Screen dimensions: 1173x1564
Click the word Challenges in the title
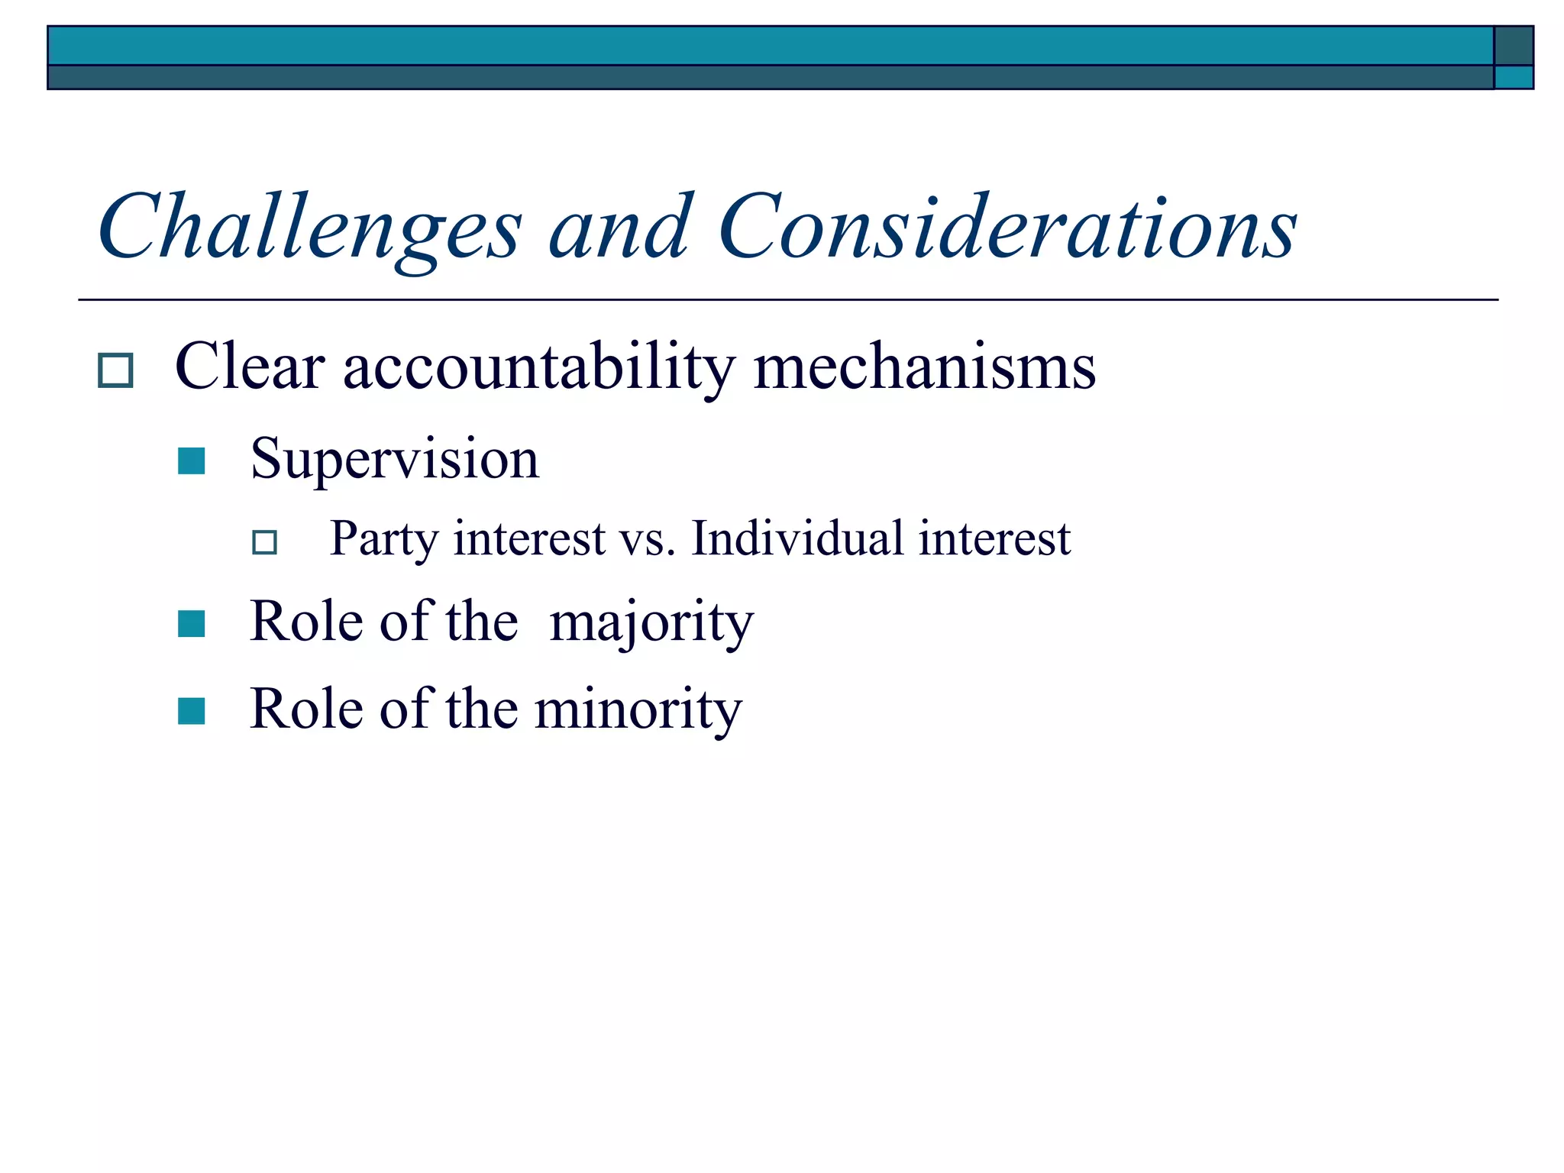point(310,228)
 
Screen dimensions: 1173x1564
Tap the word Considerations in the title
point(1007,227)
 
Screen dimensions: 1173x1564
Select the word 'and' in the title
point(620,227)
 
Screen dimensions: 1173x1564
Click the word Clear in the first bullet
point(250,367)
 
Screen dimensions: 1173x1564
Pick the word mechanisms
point(924,367)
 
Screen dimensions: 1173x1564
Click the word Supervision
point(394,460)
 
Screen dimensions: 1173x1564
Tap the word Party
point(383,539)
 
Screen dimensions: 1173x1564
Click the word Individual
point(797,538)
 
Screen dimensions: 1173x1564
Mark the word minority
point(638,709)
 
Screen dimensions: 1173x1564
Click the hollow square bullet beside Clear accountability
point(116,370)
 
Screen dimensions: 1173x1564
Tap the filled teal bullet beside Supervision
point(191,461)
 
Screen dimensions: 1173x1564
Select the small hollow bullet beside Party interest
point(265,542)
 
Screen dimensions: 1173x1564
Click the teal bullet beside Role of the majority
point(191,624)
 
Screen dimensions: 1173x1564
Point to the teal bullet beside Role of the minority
point(191,711)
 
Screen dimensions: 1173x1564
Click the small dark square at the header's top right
point(1514,46)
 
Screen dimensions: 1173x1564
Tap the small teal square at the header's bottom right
point(1514,77)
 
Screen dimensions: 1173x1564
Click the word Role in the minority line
point(307,709)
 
